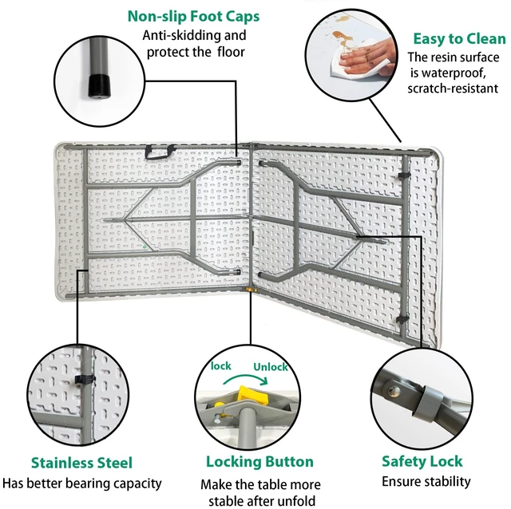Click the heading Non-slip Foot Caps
(193, 16)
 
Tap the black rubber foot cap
(99, 86)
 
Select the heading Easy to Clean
(459, 38)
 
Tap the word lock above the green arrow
(220, 366)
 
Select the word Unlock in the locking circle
(271, 367)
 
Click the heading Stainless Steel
(81, 463)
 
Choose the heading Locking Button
(259, 461)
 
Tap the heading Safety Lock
(422, 461)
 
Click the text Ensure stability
(426, 481)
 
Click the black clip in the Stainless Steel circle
(85, 380)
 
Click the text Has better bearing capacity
(81, 483)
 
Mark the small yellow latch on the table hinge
(251, 290)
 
